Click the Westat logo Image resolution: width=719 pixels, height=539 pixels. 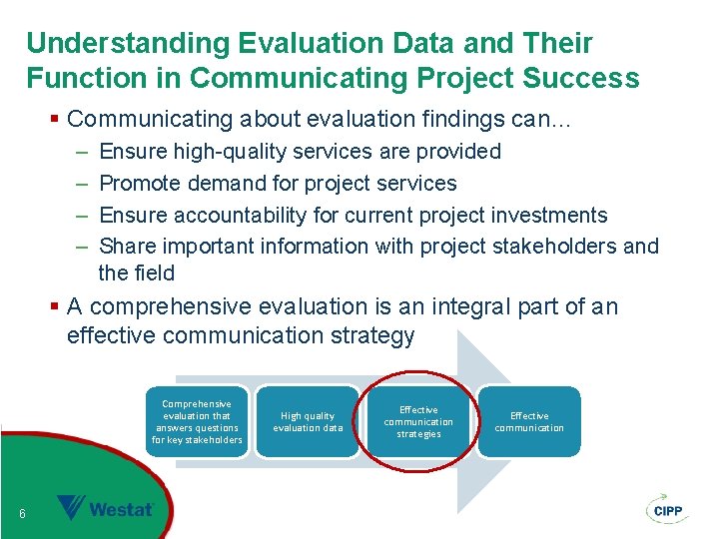[x=105, y=508]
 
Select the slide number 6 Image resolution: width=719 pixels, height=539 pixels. [x=22, y=514]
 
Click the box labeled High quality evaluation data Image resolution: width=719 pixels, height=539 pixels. [x=308, y=422]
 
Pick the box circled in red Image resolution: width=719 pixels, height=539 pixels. [x=418, y=422]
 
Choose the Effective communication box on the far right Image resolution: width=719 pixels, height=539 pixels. [x=529, y=422]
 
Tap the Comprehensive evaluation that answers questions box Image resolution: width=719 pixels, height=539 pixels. [x=197, y=422]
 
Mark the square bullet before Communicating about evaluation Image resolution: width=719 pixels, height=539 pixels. [x=55, y=120]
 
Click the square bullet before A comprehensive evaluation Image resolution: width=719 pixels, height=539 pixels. [x=55, y=307]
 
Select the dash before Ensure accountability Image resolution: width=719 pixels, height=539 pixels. [x=80, y=216]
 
